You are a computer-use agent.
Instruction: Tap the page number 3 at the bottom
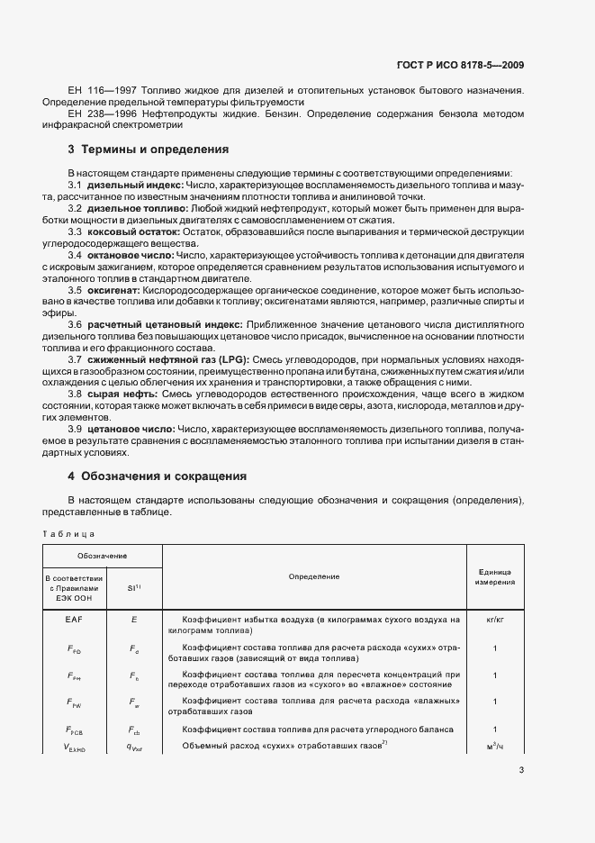(521, 770)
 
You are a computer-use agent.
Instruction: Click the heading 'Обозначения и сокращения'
(164, 476)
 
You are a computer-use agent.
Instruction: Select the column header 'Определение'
(313, 576)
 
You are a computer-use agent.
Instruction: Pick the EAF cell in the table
(74, 621)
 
